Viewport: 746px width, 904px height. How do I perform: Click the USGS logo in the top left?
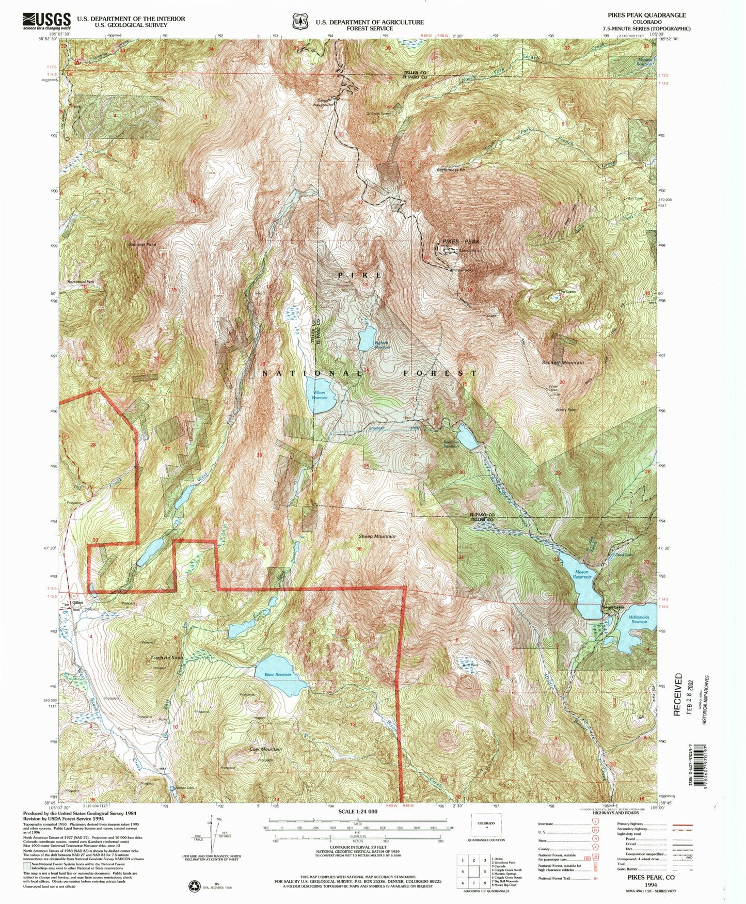[x=46, y=20]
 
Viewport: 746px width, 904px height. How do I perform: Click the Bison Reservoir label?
[x=274, y=675]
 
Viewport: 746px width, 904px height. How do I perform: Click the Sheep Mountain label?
[x=377, y=536]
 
